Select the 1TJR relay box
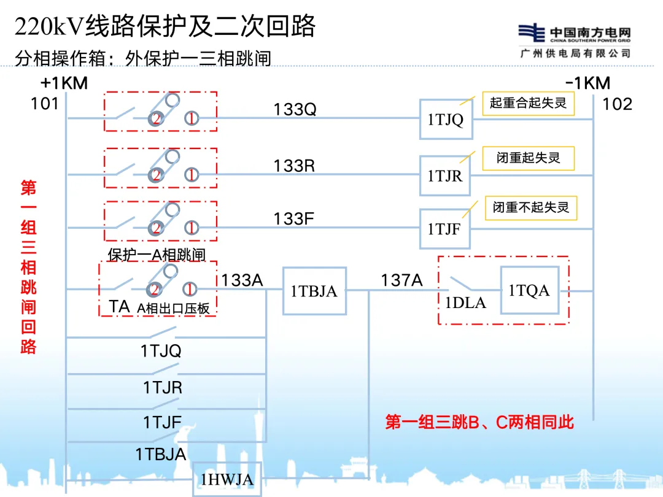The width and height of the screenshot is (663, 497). pos(444,175)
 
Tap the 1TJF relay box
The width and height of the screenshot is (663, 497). pos(444,229)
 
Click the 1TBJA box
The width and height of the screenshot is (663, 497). pos(314,291)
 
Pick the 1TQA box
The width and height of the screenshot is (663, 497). pos(529,290)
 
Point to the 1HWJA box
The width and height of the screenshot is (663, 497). pos(227,479)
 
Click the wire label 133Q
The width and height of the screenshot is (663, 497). pos(295,109)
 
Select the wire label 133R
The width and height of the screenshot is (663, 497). pos(295,166)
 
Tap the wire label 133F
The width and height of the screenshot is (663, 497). pos(294,218)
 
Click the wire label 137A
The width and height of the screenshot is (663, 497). pos(401,280)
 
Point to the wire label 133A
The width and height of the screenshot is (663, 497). pos(242,280)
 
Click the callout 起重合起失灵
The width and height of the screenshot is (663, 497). pos(528,103)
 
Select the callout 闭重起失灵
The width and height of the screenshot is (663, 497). pos(529,158)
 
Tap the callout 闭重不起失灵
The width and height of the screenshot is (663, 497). pos(531,208)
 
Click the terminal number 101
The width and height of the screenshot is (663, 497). pos(45,104)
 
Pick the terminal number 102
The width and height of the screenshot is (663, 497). pos(617,104)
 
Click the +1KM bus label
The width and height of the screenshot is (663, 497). pos(64,83)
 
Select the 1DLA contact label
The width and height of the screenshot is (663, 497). pos(465,302)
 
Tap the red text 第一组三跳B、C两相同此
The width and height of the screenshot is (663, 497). pos(479,422)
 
